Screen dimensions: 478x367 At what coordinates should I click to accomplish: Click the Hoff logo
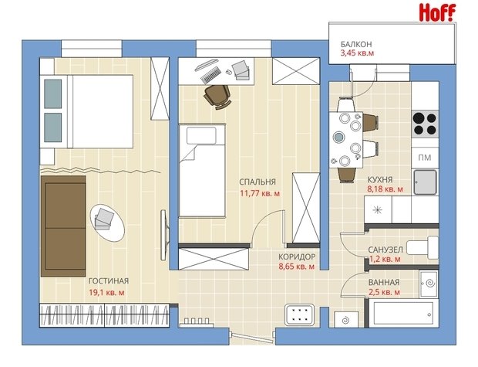pos(437,12)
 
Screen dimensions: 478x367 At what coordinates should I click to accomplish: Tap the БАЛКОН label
pos(356,44)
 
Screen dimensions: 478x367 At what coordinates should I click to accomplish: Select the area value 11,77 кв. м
pos(260,193)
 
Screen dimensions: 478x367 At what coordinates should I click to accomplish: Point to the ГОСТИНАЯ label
pos(109,280)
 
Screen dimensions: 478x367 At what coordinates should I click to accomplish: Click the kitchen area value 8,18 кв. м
pos(385,189)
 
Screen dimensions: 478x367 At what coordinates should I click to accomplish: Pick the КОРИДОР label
pos(297,257)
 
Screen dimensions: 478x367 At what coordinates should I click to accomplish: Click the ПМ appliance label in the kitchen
pos(425,158)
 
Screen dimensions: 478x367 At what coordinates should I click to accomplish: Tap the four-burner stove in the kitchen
pos(425,124)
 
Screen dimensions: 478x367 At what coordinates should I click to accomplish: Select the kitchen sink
pos(425,182)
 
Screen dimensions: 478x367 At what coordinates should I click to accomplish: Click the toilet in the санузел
pos(423,247)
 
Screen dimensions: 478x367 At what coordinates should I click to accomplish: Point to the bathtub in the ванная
pos(403,314)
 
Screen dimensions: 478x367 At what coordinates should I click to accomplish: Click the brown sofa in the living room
pos(63,226)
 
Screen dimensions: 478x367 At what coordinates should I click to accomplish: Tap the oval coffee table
pos(107,223)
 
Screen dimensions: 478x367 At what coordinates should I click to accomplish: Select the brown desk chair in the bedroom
pos(217,97)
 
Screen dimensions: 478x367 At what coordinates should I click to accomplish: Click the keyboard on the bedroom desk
pos(211,75)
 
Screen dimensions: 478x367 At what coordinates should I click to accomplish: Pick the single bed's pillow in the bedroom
pos(201,135)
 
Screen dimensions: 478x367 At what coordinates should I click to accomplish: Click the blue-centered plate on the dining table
pos(338,137)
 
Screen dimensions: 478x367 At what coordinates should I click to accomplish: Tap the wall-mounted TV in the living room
pos(165,235)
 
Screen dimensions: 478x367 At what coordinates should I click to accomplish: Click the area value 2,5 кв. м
pos(384,292)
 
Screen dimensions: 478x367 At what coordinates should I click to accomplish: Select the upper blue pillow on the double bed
pos(52,93)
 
